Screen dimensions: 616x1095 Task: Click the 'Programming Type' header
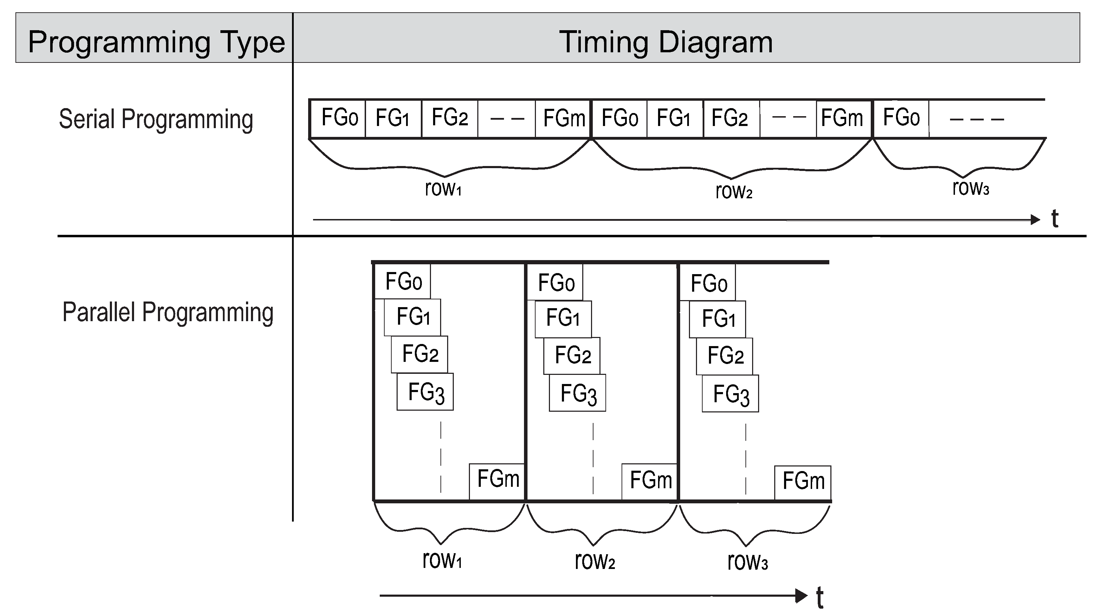[x=156, y=42]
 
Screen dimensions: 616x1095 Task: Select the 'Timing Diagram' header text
[x=666, y=42]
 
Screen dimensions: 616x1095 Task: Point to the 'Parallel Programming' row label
[x=167, y=312]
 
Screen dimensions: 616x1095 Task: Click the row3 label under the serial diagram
[x=971, y=187]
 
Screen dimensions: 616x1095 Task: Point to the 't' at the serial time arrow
[x=1055, y=219]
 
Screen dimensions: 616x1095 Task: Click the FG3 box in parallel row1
[x=425, y=392]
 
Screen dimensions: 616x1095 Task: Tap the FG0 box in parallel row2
[x=556, y=282]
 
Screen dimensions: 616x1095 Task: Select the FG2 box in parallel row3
[x=725, y=356]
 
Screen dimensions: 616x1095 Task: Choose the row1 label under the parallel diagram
[x=442, y=560]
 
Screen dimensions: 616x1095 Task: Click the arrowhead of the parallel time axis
[x=802, y=596]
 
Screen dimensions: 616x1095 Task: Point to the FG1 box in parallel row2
[x=563, y=319]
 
